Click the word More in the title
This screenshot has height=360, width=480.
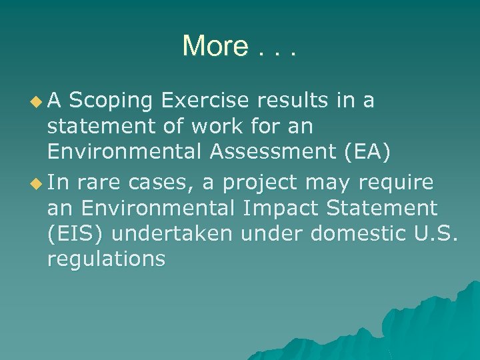(x=215, y=46)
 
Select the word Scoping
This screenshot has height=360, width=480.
(x=110, y=101)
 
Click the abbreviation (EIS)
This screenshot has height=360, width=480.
(x=74, y=233)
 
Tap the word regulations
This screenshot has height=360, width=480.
(x=107, y=259)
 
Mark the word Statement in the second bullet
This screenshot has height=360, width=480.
(x=389, y=207)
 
